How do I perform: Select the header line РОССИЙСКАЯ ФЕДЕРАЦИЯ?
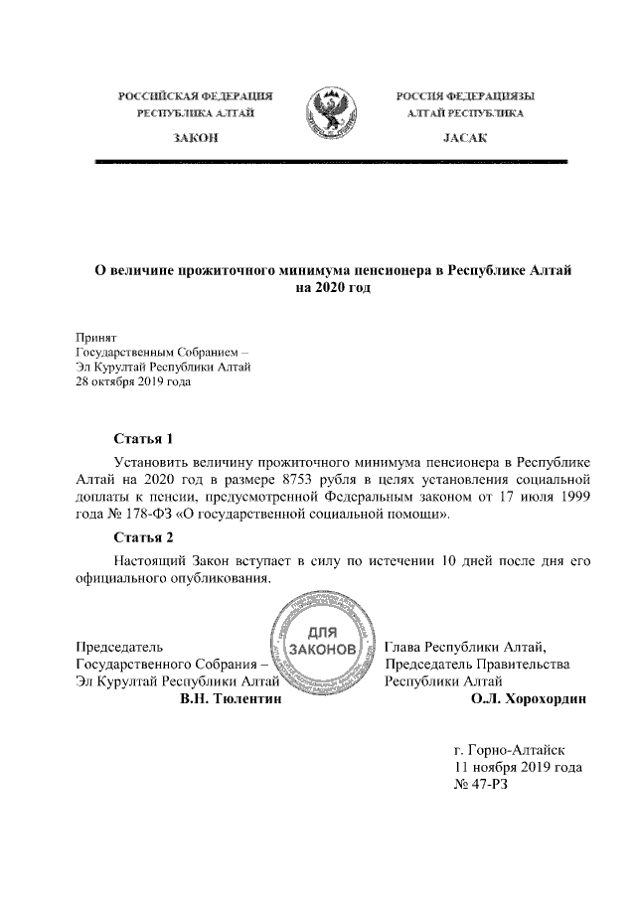click(195, 96)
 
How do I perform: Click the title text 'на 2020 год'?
click(333, 288)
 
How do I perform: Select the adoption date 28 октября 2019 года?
click(133, 380)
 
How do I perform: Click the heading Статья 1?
click(144, 438)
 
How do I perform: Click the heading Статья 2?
click(144, 538)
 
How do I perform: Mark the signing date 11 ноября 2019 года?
click(517, 768)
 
